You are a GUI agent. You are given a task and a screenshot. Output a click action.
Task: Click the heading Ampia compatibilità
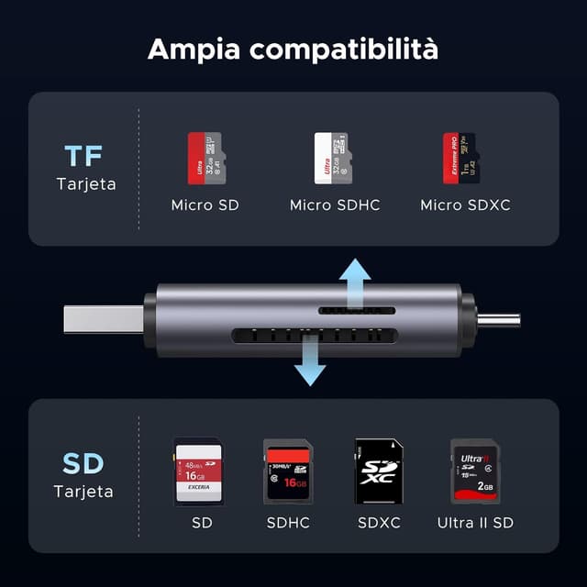tap(293, 48)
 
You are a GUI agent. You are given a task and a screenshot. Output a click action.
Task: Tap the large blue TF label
tap(85, 155)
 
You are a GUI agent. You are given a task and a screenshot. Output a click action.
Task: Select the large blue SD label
tap(83, 463)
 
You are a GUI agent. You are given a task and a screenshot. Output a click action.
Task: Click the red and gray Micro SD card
tap(205, 158)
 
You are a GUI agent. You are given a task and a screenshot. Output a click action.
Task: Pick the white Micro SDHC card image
tap(332, 158)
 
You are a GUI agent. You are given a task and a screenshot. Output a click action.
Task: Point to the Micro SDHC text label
tap(335, 205)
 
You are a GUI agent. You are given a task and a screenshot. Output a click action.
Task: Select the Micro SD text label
tap(205, 205)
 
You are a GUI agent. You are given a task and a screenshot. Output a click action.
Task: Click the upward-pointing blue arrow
tap(354, 281)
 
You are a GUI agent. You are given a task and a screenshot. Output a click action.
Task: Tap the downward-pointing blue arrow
tap(310, 360)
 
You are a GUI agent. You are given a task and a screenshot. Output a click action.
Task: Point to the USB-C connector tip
tap(500, 320)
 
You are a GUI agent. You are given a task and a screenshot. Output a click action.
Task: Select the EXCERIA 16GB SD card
tap(199, 471)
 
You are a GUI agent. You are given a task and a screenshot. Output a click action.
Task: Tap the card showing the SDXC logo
tap(379, 471)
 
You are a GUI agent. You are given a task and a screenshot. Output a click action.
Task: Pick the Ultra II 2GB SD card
tap(475, 471)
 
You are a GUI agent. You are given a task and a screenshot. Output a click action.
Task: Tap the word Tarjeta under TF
tap(86, 183)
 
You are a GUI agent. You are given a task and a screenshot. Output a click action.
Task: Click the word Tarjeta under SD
tap(83, 492)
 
